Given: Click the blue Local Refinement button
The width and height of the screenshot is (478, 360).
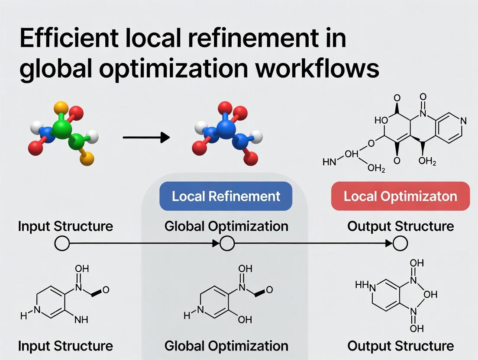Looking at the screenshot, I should click(x=226, y=196).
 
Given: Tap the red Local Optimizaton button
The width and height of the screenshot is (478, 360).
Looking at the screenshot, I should click(x=400, y=196).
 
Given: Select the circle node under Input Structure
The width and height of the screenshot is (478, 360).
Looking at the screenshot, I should click(x=62, y=244).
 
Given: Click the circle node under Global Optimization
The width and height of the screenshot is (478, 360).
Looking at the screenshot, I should click(x=227, y=244).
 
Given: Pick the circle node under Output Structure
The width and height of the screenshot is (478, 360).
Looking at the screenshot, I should click(x=400, y=244).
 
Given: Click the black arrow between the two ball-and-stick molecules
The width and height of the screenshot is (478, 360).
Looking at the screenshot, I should click(x=146, y=138).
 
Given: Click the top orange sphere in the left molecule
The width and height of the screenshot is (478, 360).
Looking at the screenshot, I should click(x=61, y=106).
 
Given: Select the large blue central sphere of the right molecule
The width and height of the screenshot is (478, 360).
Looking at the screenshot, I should click(x=226, y=129).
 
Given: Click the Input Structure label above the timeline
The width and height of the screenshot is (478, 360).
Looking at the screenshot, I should click(x=65, y=226).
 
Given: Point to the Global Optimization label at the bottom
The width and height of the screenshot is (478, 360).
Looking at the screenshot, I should click(x=226, y=346).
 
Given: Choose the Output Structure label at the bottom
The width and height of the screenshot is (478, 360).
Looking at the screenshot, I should click(x=400, y=346).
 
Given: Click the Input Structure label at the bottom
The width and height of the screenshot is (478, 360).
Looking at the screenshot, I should click(x=65, y=346).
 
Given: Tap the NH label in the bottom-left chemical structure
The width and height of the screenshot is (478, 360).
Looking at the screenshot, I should click(x=81, y=320).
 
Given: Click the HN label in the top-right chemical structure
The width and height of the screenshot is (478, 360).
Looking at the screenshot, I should click(x=329, y=163).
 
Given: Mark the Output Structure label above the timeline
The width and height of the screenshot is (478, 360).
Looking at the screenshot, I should click(x=400, y=226).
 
